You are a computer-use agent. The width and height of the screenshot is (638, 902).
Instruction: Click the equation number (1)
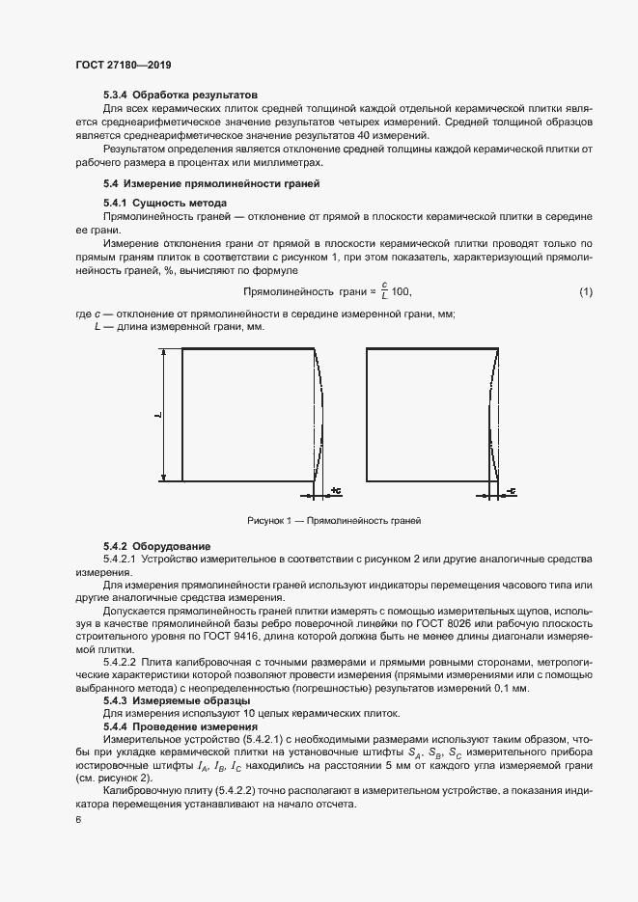(x=585, y=291)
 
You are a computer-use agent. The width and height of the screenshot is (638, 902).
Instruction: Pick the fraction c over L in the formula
(x=383, y=290)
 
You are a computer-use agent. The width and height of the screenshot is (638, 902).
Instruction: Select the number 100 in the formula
(x=402, y=291)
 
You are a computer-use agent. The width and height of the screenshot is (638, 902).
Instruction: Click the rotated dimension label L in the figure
(x=156, y=415)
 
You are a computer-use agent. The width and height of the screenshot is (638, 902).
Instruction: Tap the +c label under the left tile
(x=335, y=491)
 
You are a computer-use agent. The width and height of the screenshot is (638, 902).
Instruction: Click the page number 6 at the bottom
(x=78, y=820)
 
